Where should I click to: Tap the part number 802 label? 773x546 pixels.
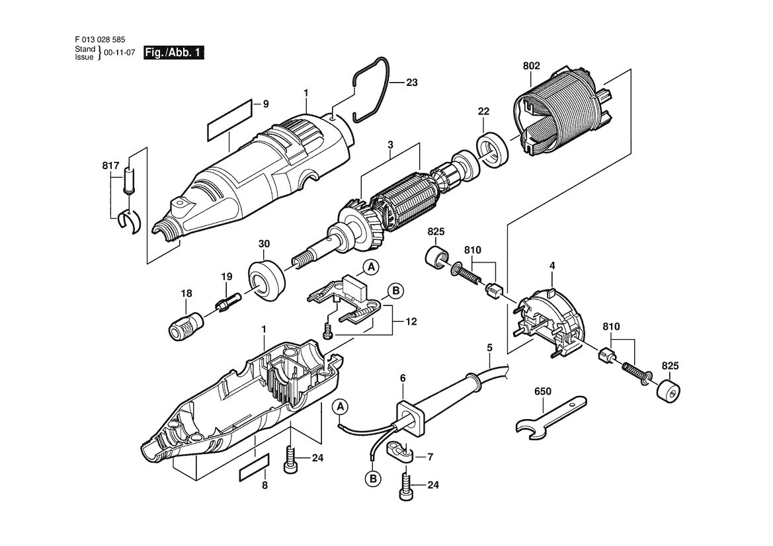(x=531, y=65)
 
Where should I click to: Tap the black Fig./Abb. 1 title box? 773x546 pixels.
(x=173, y=53)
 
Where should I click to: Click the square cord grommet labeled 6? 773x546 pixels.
(x=410, y=417)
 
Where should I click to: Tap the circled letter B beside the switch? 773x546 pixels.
(x=395, y=292)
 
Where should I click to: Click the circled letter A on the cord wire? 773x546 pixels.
(x=340, y=408)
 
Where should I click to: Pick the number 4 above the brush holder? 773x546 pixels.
(x=552, y=266)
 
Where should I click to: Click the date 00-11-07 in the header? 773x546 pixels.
(x=119, y=53)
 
